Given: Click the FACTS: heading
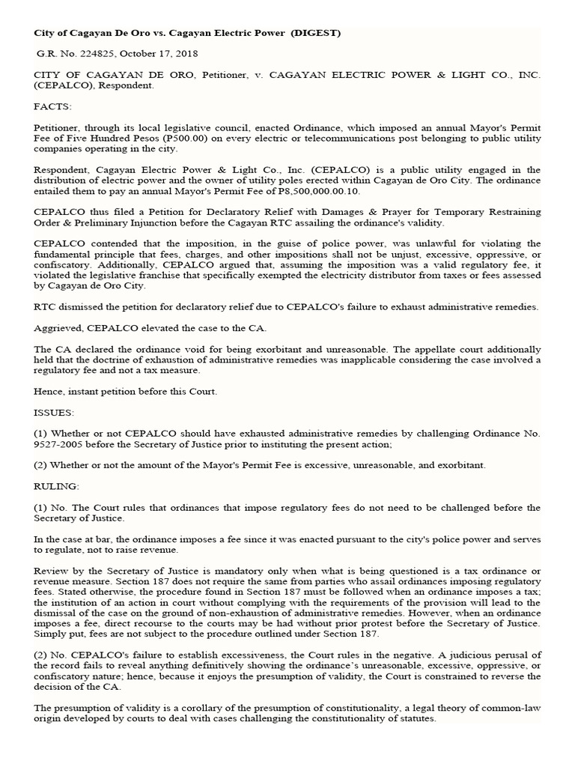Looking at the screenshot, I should click(52, 107).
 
